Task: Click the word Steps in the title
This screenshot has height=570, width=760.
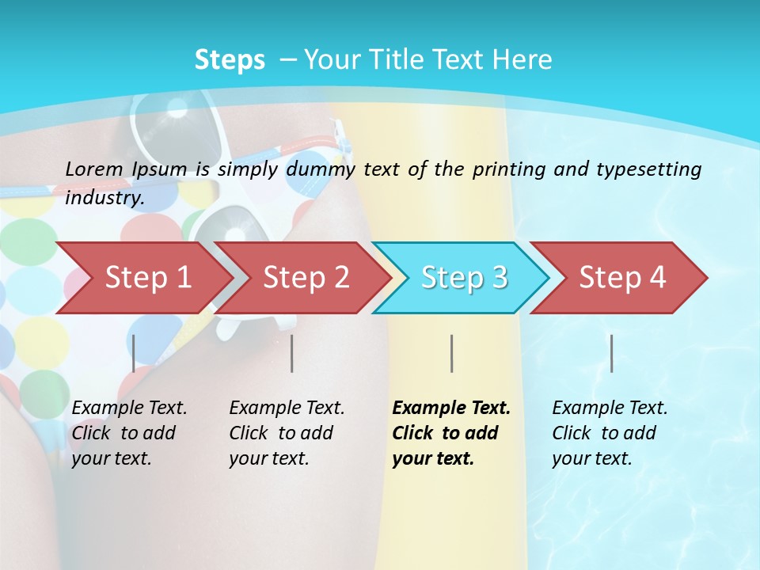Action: coord(230,60)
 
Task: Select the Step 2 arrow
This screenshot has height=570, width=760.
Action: coord(306,278)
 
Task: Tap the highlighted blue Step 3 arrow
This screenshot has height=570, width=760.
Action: coord(464,278)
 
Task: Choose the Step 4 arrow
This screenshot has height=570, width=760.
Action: coord(622,278)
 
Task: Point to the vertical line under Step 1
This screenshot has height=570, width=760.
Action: coord(134,353)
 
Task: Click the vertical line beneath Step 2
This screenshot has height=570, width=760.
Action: coord(292,353)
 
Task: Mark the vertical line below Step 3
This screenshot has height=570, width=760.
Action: coord(451,353)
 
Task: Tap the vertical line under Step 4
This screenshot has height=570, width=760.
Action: coord(611,353)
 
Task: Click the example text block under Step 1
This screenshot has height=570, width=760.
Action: coord(129,433)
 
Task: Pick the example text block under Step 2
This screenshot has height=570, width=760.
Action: coord(287,433)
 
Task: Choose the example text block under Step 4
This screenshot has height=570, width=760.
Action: coord(610,433)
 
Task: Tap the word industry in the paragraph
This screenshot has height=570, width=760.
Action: coord(104,198)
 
